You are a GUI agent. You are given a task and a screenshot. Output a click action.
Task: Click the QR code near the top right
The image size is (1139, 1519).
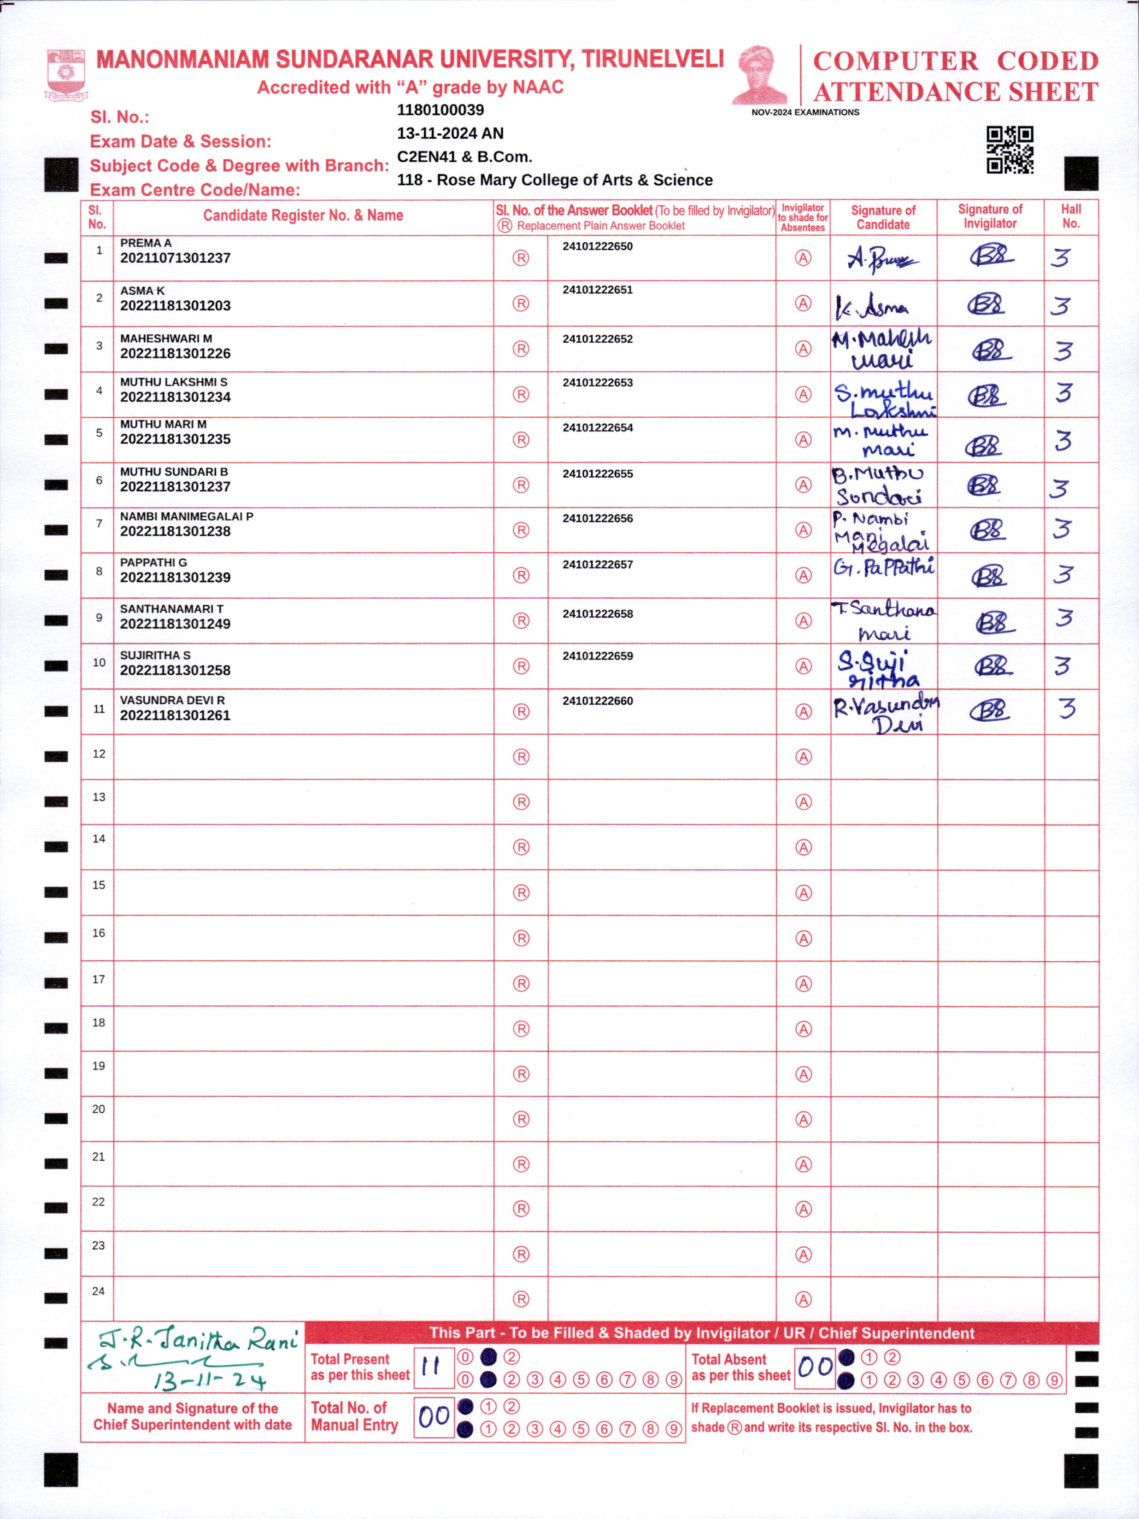point(1010,150)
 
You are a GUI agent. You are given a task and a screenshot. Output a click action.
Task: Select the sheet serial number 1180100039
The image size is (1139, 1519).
point(440,111)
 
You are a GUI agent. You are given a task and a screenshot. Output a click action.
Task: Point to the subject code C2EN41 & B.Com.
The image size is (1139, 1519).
point(464,157)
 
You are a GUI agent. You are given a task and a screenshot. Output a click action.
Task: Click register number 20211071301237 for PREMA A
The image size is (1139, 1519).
point(175,259)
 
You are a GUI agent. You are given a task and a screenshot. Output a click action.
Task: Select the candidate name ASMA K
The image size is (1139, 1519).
point(142,291)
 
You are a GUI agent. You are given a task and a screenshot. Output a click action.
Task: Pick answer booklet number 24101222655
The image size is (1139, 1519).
point(598,474)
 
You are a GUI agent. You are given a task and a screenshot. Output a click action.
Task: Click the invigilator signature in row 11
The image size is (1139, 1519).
point(990,710)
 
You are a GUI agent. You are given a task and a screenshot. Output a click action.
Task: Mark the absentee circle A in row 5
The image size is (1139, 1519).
point(803,439)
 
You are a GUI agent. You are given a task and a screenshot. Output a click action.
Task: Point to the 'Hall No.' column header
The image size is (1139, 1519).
point(1070,216)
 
